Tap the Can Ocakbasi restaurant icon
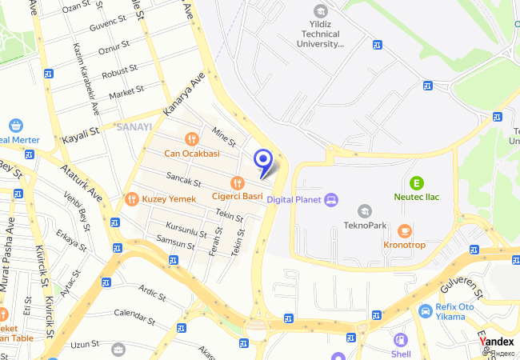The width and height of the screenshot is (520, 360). (192, 138)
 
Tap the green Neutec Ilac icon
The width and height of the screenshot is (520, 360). (416, 182)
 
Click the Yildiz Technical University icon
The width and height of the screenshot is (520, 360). (321, 11)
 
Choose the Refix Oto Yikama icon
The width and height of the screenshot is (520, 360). (425, 310)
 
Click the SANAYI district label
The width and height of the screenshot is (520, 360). (134, 126)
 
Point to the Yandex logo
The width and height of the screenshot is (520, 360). (497, 341)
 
